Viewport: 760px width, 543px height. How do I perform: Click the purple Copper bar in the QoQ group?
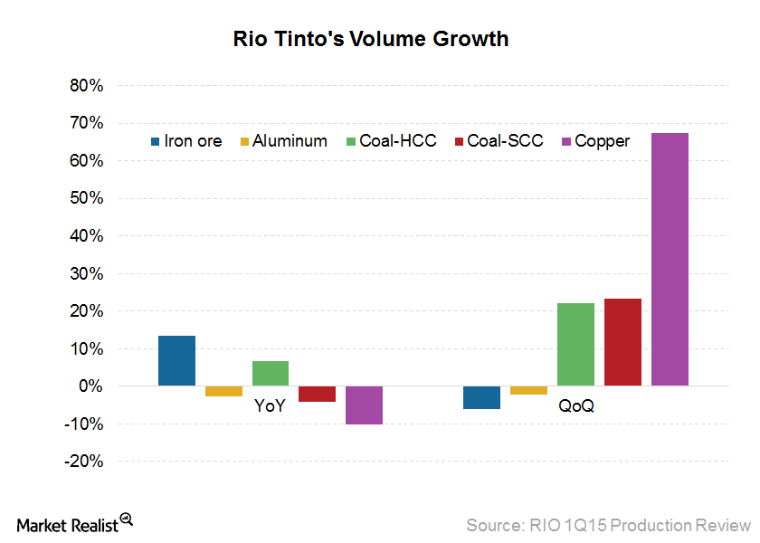click(x=670, y=260)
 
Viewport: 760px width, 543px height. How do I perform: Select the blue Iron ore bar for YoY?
click(x=176, y=361)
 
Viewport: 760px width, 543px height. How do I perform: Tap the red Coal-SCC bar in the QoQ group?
click(x=622, y=342)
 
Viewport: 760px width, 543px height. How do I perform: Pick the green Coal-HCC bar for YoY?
click(x=271, y=374)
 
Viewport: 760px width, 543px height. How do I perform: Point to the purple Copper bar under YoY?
click(x=364, y=405)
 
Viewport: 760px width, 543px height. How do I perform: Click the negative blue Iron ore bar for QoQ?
click(x=481, y=397)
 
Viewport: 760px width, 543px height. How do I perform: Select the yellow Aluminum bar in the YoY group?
click(x=223, y=391)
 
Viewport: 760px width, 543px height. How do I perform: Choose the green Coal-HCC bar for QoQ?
click(x=575, y=345)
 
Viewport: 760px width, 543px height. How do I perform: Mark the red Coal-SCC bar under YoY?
click(x=317, y=394)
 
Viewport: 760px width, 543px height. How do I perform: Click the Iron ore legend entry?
click(x=185, y=141)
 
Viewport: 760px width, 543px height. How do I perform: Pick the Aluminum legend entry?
click(x=282, y=141)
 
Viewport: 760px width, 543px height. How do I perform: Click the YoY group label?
click(x=270, y=406)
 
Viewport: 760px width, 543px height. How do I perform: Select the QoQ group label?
click(x=575, y=406)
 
